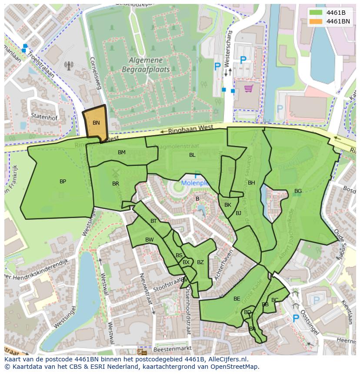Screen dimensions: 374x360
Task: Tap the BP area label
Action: click(63, 182)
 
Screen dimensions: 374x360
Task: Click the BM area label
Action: click(122, 152)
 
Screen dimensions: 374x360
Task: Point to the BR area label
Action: click(116, 184)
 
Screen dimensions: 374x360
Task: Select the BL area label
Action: click(192, 155)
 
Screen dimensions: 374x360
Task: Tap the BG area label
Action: click(298, 191)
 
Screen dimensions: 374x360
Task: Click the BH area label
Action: click(251, 183)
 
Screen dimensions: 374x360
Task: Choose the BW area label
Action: click(150, 240)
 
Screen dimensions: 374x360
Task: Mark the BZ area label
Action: click(200, 262)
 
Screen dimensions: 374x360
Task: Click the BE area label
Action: click(237, 299)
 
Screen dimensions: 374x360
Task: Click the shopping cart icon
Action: click(248, 89)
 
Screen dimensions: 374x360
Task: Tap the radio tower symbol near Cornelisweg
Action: click(69, 66)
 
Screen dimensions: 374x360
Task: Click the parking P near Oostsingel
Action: click(296, 319)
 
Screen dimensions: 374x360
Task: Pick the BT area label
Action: click(153, 221)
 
